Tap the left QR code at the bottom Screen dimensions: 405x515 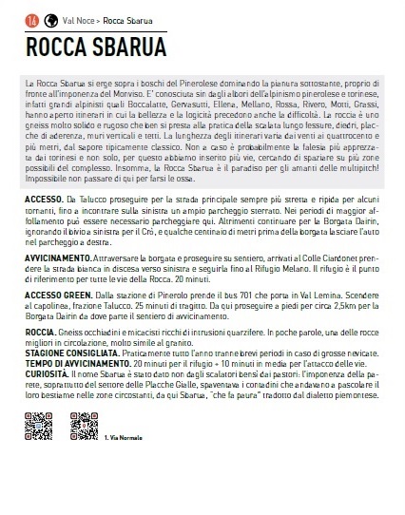[37, 426]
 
